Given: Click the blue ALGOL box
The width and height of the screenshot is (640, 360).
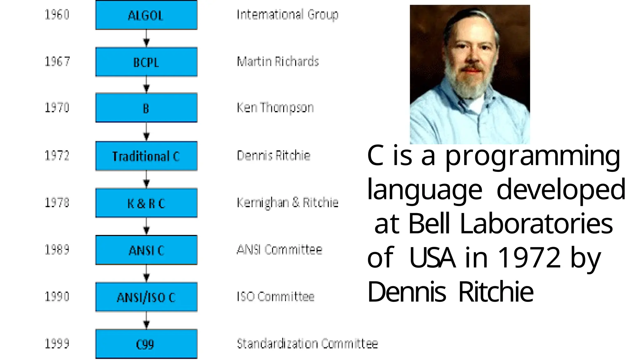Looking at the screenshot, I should click(146, 15).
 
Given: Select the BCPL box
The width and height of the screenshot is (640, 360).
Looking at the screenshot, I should click(146, 62).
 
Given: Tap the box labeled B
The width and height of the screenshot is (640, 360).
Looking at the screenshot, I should click(146, 108).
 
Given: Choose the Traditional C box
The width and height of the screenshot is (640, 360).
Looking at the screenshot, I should click(146, 156).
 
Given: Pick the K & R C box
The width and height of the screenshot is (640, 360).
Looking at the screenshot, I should click(146, 203).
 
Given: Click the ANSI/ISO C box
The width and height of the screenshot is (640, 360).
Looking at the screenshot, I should click(146, 297).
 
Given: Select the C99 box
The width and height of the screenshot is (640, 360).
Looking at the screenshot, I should click(146, 344).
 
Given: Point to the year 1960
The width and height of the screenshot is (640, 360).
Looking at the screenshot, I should click(57, 15).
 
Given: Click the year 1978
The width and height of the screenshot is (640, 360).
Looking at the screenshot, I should click(57, 203).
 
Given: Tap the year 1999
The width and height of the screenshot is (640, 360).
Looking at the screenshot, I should click(57, 344).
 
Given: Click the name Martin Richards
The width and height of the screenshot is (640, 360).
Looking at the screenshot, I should click(278, 62).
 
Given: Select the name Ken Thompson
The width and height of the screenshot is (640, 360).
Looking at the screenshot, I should click(275, 108).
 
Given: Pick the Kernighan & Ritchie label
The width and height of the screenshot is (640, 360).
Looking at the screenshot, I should click(287, 203).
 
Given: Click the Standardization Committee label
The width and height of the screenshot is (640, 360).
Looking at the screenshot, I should click(307, 344).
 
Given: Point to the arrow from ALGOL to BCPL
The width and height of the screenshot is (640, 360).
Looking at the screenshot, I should click(146, 39).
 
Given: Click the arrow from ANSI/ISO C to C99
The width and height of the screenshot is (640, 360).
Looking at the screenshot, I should click(146, 321).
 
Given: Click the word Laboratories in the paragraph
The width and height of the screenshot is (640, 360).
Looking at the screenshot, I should click(536, 224).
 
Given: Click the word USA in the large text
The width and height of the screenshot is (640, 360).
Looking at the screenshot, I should click(432, 258).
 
